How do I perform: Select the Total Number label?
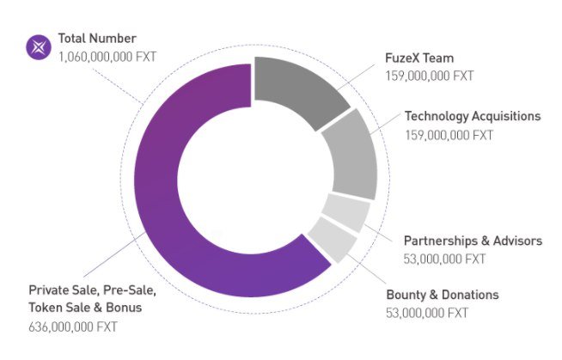(97, 39)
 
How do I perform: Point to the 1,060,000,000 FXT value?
(108, 56)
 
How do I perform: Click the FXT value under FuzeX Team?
(431, 76)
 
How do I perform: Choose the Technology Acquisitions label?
(472, 116)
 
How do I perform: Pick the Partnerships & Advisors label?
(473, 241)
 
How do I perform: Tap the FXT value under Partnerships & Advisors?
(444, 258)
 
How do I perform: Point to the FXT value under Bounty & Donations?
(428, 312)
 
